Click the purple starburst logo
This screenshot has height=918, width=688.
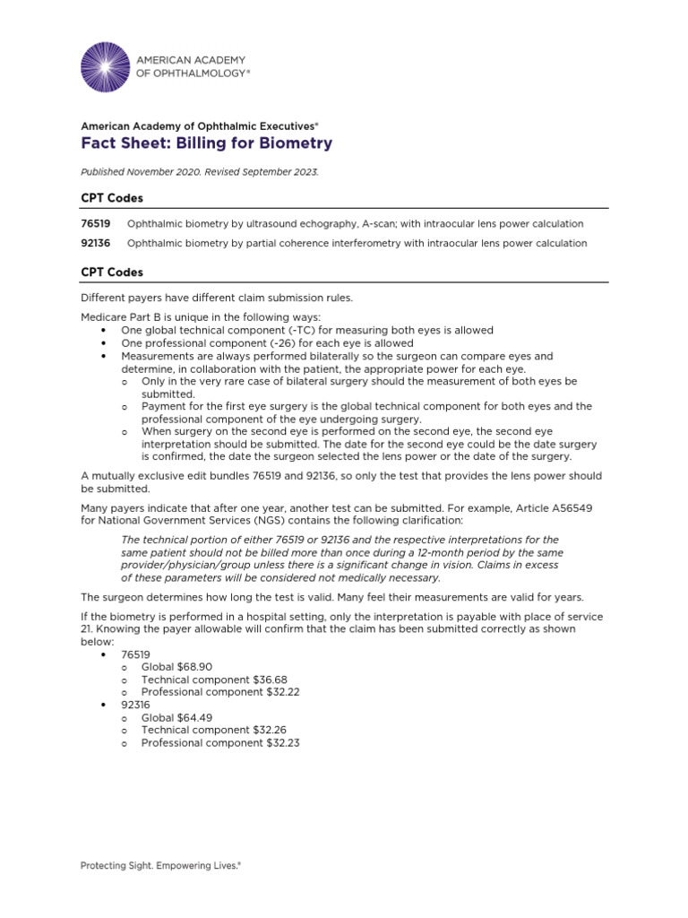point(105,66)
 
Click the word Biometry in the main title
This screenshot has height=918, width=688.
point(295,143)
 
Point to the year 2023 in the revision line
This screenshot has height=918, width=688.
point(304,171)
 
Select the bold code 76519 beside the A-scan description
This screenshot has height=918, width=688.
point(96,223)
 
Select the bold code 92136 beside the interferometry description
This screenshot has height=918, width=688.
point(96,243)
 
